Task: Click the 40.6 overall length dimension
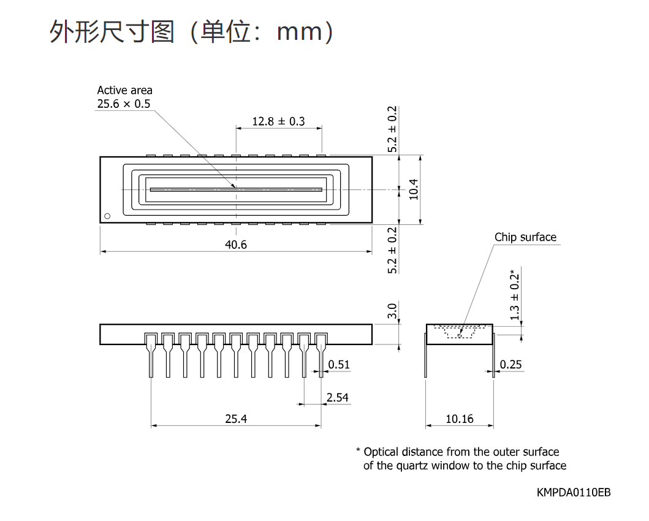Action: coord(235,245)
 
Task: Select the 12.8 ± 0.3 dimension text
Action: coord(279,121)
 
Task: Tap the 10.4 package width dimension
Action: coord(414,189)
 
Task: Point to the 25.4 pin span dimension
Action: coord(236,419)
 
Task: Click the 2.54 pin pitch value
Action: coord(337,398)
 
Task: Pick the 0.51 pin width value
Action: coord(339,365)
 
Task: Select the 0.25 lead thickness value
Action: coord(510,365)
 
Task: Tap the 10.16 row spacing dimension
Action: coord(460,419)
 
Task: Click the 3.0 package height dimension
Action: coord(392,311)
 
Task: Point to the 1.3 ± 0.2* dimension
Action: coord(515,295)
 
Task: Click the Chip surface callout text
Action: coord(525,237)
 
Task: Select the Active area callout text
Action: coord(124,90)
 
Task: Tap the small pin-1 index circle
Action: coord(108,216)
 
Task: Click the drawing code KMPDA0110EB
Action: coord(574,492)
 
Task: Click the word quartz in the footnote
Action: coord(412,466)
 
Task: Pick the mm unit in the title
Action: coord(299,32)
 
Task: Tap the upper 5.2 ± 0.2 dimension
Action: coord(392,129)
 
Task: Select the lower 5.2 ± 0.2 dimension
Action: coord(392,250)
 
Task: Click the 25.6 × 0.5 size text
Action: coord(124,104)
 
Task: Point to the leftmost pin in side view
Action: coord(151,355)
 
